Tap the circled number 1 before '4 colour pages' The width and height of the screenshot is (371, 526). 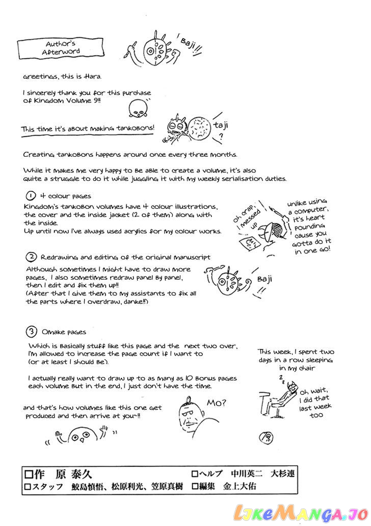[x=30, y=196]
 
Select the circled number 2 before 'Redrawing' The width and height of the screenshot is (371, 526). [x=31, y=257]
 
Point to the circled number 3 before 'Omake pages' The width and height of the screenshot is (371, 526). [x=31, y=332]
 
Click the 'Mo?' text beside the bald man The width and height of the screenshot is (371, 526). [x=217, y=403]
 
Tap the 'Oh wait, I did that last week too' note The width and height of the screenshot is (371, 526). [x=314, y=402]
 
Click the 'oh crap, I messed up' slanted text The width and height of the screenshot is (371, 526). [x=247, y=217]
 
